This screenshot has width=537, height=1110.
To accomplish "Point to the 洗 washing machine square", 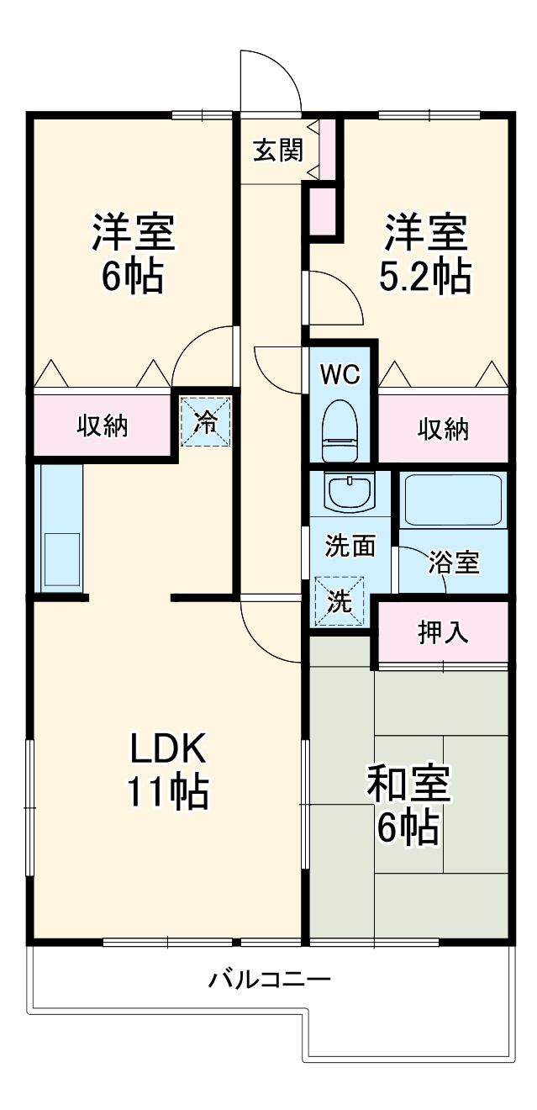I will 339,601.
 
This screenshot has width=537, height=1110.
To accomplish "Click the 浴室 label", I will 453,563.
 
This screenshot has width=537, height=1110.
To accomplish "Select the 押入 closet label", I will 443,632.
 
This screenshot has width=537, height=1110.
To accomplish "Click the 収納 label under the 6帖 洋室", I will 103,426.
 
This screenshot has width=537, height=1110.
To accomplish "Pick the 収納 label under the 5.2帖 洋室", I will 444,429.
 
